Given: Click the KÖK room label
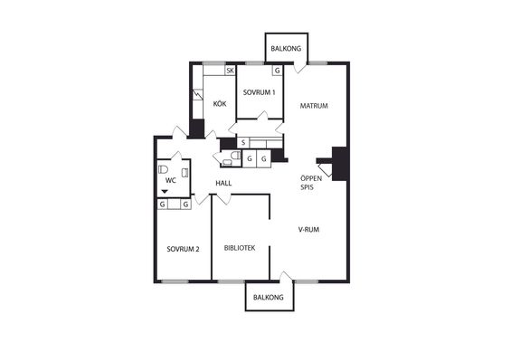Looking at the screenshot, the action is tap(220, 104).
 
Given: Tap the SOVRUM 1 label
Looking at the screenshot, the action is tap(259, 92).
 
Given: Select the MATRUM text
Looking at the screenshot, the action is tap(314, 106).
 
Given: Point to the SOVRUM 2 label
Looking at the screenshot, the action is tap(183, 249).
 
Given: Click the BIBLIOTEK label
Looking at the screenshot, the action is tap(240, 248).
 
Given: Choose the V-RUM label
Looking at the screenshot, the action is tap(308, 229).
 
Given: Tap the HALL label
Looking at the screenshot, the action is tap(223, 184).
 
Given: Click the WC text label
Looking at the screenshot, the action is tap(170, 180).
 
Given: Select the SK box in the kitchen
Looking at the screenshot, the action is tap(230, 71).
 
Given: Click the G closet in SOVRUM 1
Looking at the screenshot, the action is tap(277, 71).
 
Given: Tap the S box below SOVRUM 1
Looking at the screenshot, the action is tap(243, 142).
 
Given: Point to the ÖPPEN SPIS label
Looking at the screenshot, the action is tap(311, 183).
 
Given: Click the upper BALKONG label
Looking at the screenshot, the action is tap(286, 49).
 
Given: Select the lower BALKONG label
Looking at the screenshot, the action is tap(269, 298).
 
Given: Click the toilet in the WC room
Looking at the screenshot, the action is tap(163, 169).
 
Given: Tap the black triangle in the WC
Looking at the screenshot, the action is tap(165, 192).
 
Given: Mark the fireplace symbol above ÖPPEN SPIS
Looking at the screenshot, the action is tap(325, 170).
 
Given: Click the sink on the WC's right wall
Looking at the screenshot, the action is tap(185, 173).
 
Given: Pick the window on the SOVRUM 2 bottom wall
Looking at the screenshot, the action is tap(175, 281).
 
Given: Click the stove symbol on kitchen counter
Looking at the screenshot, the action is tap(197, 95).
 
